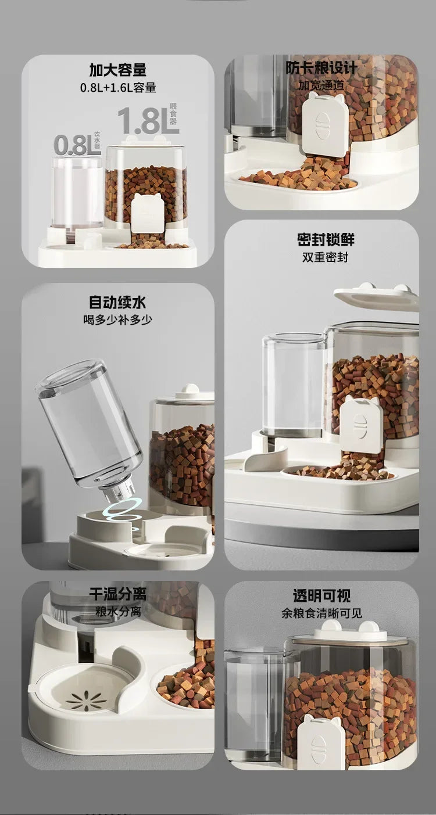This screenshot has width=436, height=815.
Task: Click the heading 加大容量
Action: (117, 70)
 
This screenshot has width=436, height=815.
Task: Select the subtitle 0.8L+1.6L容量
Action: (118, 88)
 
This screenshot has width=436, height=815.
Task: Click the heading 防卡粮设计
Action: (321, 68)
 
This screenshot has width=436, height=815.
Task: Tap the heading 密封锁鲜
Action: (325, 239)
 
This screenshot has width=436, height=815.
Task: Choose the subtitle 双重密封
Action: (325, 257)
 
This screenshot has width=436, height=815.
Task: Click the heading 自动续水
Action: (117, 302)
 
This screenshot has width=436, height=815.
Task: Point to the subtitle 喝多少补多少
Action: (117, 319)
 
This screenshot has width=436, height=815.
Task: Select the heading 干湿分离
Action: (117, 594)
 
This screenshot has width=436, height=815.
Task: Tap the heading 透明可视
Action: (321, 595)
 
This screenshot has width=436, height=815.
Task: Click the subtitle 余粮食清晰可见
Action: (321, 613)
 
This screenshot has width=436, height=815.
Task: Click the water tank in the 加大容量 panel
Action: (77, 192)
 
